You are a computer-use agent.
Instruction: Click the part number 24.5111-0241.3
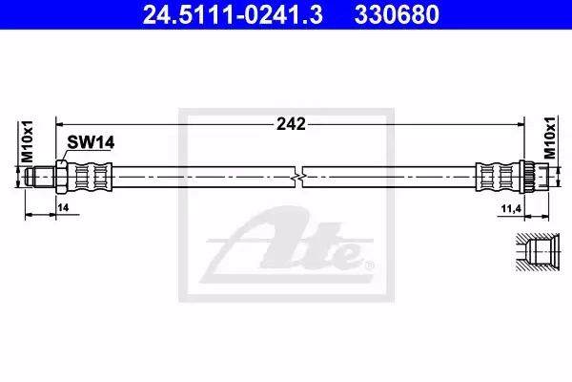[233, 14]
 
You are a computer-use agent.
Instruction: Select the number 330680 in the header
[397, 14]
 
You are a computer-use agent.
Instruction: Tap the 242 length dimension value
[291, 124]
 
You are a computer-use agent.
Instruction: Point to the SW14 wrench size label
[91, 142]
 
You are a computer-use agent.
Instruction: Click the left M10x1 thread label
[27, 141]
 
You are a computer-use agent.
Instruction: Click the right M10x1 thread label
[550, 138]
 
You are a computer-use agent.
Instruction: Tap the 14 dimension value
[63, 207]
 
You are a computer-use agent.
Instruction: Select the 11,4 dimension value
[511, 209]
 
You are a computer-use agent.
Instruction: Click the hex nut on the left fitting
[61, 178]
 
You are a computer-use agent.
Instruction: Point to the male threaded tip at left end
[40, 178]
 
